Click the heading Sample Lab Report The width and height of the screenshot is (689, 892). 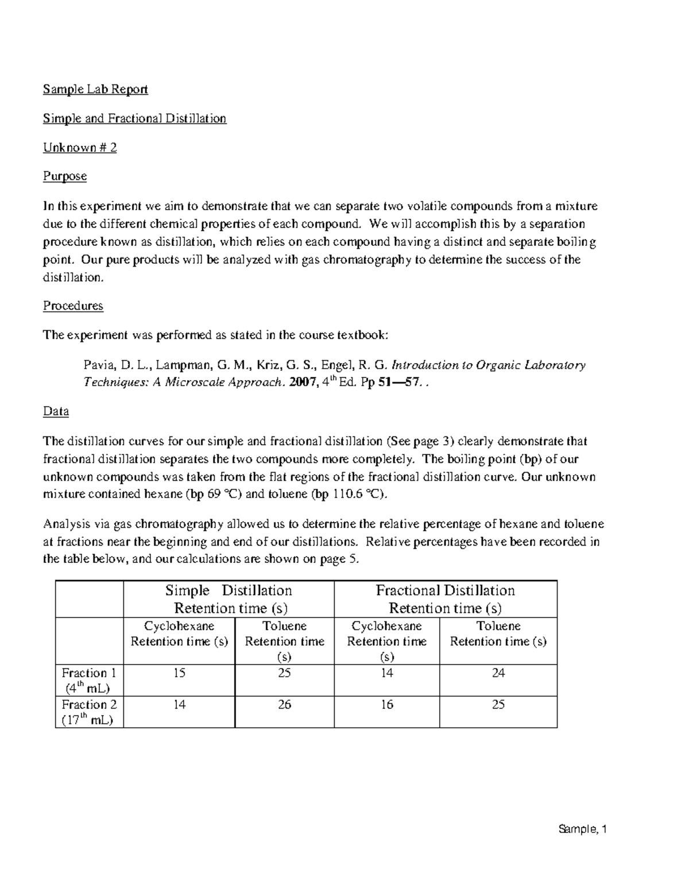point(95,89)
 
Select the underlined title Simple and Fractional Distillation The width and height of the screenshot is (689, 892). point(134,118)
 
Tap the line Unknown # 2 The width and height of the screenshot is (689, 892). point(80,148)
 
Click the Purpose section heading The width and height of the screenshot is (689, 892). point(65,176)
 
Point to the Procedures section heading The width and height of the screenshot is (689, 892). point(73,306)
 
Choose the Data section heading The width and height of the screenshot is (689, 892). point(56,411)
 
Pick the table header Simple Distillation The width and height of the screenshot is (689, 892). point(229,591)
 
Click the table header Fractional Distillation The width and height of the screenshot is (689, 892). point(445,591)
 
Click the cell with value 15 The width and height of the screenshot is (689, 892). point(179,673)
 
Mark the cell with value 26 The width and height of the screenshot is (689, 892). point(284,705)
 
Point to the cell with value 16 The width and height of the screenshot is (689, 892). point(387,705)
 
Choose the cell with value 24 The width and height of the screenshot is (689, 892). point(498,673)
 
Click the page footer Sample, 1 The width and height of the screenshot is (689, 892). point(582,829)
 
